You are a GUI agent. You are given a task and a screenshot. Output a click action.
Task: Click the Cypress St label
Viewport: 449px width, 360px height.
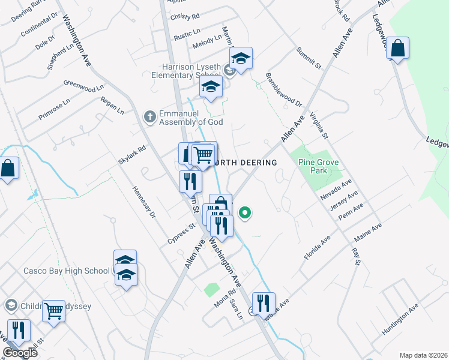tap(182, 235)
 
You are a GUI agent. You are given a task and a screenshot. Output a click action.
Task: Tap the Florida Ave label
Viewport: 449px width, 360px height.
tap(317, 247)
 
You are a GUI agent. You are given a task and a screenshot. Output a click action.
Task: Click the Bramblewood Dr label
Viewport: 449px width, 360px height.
tap(284, 90)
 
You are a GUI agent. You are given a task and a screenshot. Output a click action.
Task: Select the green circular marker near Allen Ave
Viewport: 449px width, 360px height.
tap(245, 212)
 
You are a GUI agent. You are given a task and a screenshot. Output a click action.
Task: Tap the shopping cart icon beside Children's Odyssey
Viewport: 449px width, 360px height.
tap(54, 311)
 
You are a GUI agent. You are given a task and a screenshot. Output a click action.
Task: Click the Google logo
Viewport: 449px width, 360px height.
tap(20, 353)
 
